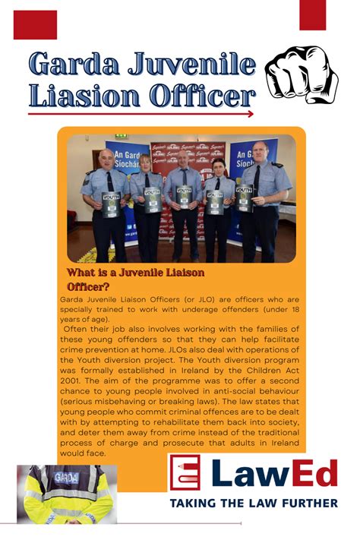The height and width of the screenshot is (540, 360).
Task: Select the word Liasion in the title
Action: [86, 96]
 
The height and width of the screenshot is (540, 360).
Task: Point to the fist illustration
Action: [301, 74]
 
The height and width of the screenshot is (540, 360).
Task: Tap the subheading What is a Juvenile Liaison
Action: [136, 273]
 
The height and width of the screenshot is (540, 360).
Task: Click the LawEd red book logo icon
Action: [185, 473]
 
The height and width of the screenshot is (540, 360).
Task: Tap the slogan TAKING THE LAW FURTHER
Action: [254, 503]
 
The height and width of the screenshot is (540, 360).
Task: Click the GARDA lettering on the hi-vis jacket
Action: [67, 477]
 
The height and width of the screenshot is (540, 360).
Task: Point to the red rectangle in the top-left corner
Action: [35, 24]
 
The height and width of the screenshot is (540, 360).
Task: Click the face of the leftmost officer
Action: [106, 159]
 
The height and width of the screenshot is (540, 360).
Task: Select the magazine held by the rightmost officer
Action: [245, 198]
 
